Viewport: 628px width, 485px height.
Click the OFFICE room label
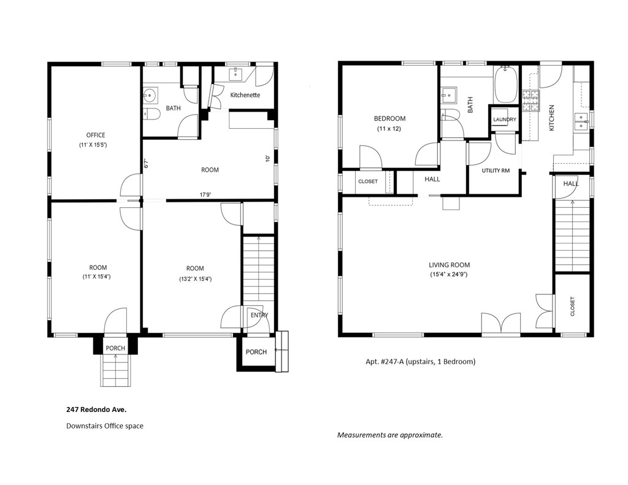coord(96,135)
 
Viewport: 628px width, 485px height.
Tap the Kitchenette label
coord(245,95)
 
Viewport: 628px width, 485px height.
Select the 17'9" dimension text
coord(205,195)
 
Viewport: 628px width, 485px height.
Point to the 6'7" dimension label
coord(147,163)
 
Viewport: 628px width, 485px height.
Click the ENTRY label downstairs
coord(259,315)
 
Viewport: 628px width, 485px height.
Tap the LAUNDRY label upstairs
coord(505,120)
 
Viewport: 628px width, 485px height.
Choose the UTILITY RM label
coord(496,170)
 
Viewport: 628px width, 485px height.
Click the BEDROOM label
coord(389,118)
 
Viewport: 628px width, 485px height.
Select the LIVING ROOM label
coord(449,265)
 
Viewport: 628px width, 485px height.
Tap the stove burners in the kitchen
coord(530,101)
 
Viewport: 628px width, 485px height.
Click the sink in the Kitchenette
coord(236,74)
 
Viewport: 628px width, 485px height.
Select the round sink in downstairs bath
coord(150,95)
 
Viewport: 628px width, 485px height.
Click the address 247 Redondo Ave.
coord(96,410)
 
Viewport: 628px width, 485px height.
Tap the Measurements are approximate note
coord(390,435)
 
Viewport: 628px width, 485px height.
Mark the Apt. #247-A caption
coord(421,362)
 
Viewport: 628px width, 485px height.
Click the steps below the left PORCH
coord(115,370)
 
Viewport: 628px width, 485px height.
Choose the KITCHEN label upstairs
coord(551,118)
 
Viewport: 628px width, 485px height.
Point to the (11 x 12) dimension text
coord(389,129)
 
